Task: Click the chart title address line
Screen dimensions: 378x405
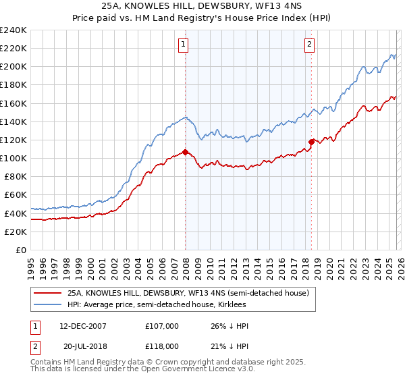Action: [x=202, y=7]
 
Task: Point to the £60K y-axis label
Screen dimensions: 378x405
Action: [x=16, y=195]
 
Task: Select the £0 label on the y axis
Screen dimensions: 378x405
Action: [x=22, y=250]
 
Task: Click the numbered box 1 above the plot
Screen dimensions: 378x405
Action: [x=183, y=45]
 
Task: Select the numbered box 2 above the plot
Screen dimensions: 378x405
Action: [x=309, y=45]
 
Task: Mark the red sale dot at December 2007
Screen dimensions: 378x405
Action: [x=185, y=152]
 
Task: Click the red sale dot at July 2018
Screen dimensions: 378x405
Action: [x=311, y=142]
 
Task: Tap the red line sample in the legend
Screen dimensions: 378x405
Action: [x=47, y=293]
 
